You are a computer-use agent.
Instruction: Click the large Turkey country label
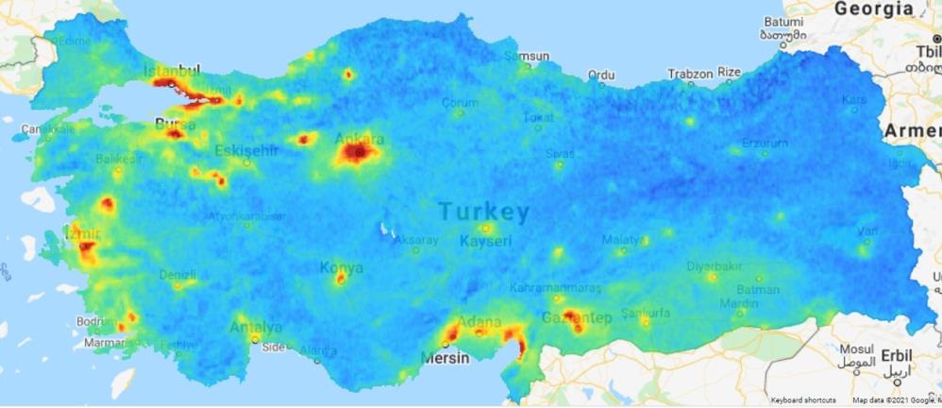(x=483, y=212)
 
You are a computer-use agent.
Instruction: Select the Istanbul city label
(x=172, y=71)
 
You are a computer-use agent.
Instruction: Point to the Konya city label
(x=341, y=267)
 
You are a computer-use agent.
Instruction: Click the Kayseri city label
(x=485, y=241)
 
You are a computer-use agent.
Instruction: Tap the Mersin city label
(x=444, y=358)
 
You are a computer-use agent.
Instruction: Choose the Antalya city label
(x=256, y=328)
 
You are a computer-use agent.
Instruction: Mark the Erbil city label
(x=896, y=354)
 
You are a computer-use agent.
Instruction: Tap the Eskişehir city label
(x=246, y=150)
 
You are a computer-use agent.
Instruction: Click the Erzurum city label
(x=765, y=144)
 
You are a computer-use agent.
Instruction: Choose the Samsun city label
(x=526, y=56)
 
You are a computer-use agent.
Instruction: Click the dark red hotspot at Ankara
(x=357, y=150)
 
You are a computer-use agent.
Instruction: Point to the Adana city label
(x=479, y=322)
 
